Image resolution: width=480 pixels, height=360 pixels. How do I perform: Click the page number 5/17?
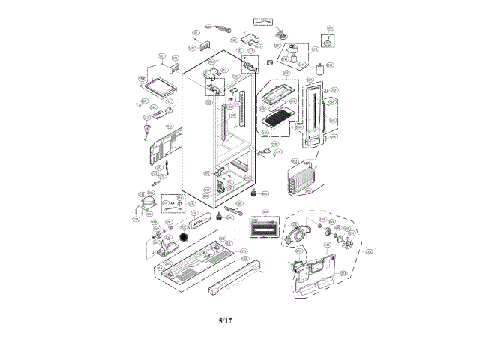point(225,321)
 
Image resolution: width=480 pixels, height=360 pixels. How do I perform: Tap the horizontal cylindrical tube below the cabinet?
point(202,220)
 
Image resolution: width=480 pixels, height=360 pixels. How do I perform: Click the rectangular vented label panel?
point(261,225)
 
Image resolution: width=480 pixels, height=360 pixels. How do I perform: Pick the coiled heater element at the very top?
point(223,31)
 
